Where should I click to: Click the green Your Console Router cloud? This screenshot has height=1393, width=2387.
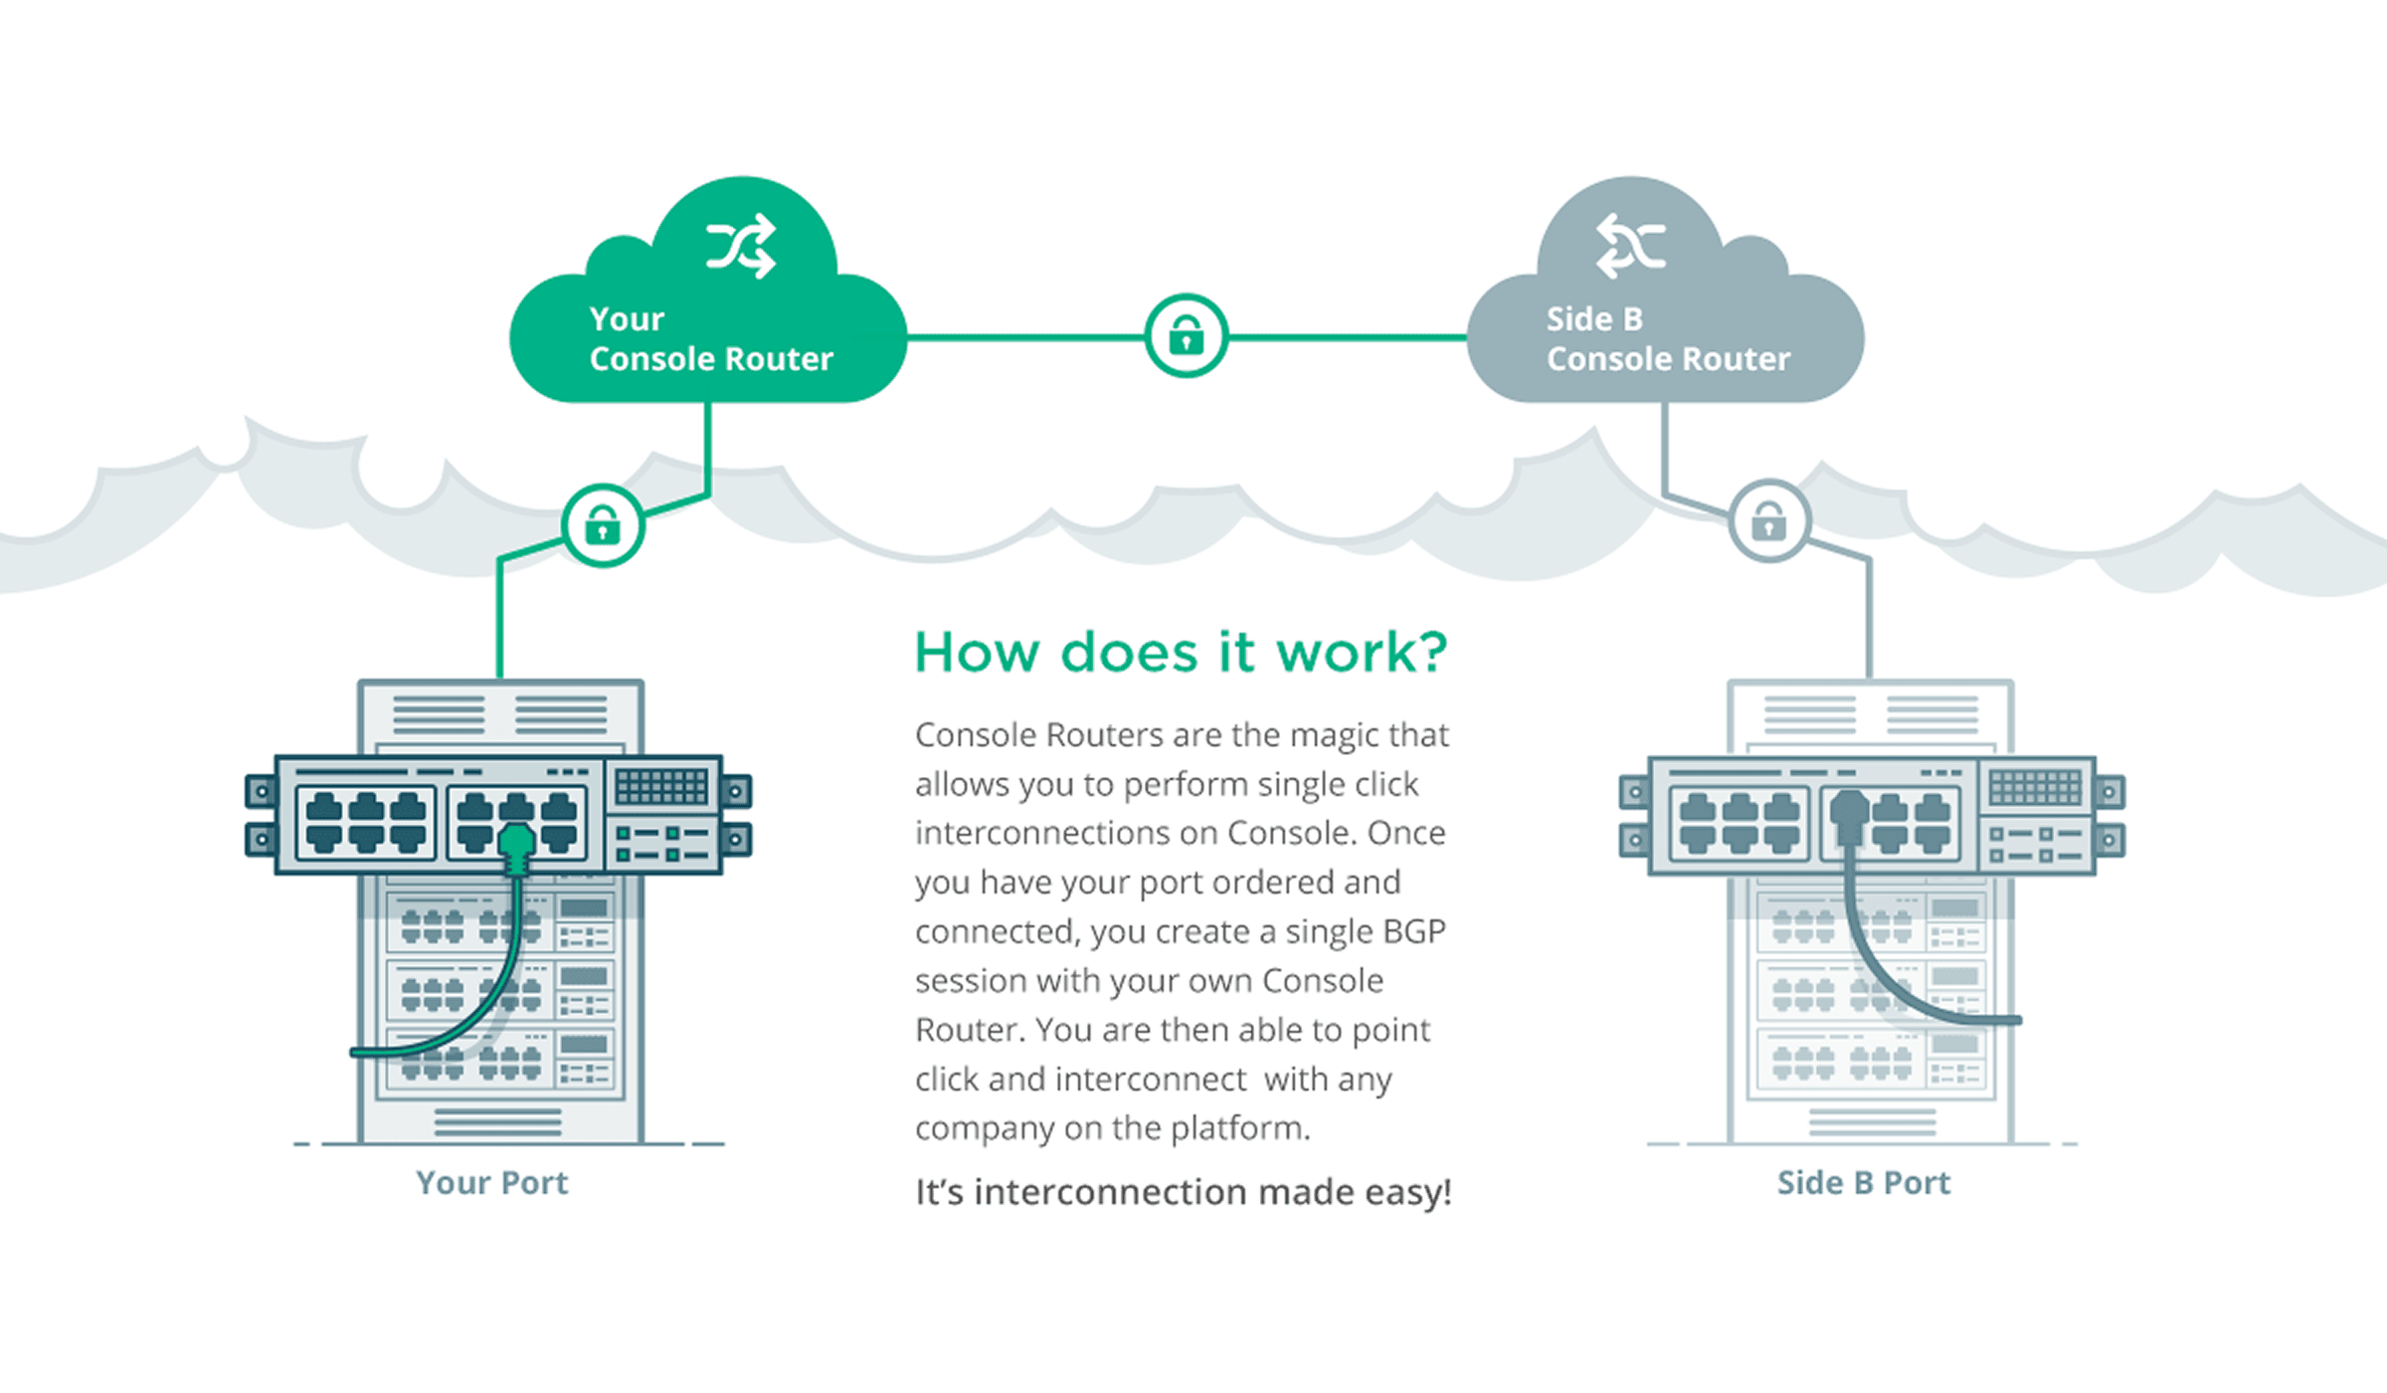tap(708, 298)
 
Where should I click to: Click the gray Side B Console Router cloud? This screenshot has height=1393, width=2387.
tap(1666, 298)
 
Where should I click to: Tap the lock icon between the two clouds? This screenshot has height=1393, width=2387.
tap(1186, 335)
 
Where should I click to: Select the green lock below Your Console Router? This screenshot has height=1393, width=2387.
tap(603, 525)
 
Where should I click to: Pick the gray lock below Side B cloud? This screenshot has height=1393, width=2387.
tap(1769, 521)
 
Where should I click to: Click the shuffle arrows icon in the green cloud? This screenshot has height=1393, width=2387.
tap(741, 246)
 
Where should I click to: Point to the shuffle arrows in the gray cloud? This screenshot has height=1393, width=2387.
tap(1631, 246)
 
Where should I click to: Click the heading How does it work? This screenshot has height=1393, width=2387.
tap(1182, 653)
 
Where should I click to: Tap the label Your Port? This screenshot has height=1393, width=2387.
tap(491, 1182)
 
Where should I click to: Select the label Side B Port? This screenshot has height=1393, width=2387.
tap(1864, 1182)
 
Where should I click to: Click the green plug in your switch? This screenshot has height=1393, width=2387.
tap(516, 849)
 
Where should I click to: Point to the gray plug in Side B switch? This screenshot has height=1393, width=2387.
tap(1850, 818)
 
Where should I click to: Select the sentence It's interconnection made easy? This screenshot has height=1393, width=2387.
tap(1184, 1192)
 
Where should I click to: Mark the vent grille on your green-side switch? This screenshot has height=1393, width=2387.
tap(661, 786)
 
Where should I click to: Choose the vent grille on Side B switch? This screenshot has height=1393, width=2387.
tap(2035, 786)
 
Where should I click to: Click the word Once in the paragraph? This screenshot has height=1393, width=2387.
tap(1406, 833)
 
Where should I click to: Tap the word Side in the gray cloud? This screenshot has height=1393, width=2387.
tap(1578, 318)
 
